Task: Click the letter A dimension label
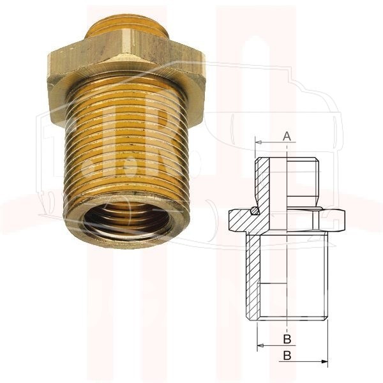tap(287, 136)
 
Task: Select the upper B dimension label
tap(287, 339)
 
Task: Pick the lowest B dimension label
tap(287, 356)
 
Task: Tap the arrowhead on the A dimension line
tap(259, 142)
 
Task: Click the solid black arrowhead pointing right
tap(324, 361)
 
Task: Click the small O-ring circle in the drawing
tap(255, 210)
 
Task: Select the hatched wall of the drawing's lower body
tap(253, 276)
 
